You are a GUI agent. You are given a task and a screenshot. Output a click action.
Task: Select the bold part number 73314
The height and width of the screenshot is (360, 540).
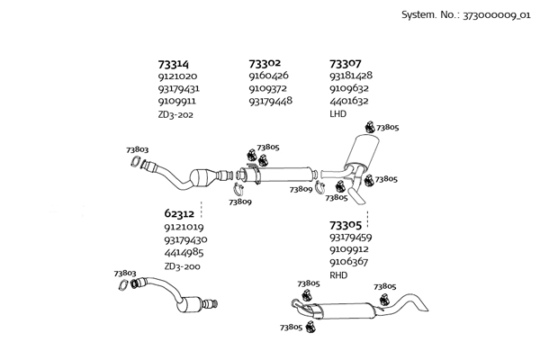point(174,64)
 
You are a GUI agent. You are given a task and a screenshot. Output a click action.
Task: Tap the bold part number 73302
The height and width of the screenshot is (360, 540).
point(265,64)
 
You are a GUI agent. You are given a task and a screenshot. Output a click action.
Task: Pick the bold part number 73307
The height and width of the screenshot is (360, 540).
point(346,64)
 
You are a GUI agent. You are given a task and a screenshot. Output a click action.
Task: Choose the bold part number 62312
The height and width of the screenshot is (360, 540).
point(179,214)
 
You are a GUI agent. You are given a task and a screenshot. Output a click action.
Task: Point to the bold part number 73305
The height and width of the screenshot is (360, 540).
point(346,225)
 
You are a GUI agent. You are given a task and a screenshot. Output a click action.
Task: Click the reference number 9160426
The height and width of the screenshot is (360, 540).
point(268,76)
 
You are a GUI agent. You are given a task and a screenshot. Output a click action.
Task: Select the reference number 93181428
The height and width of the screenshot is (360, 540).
point(351,76)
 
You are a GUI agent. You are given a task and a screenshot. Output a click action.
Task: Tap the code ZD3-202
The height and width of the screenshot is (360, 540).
point(175,114)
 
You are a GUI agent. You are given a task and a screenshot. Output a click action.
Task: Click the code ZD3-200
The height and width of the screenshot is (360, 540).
point(182,266)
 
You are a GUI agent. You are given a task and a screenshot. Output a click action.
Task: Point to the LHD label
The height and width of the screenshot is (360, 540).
point(337,114)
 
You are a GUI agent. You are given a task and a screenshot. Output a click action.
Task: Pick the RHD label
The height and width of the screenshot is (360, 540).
point(338,274)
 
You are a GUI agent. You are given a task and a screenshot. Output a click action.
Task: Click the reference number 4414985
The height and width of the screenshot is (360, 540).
point(184,253)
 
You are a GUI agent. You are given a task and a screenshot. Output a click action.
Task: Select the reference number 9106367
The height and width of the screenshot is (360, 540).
point(350,262)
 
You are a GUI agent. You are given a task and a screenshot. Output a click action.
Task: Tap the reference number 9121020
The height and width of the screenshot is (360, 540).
point(177,76)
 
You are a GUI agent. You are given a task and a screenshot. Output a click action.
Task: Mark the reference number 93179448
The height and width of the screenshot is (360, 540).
point(270,102)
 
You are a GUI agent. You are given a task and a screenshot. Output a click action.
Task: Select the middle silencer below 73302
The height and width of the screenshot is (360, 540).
point(287,172)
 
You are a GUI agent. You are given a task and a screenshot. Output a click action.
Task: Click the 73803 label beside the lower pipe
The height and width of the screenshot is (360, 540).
point(125,273)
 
